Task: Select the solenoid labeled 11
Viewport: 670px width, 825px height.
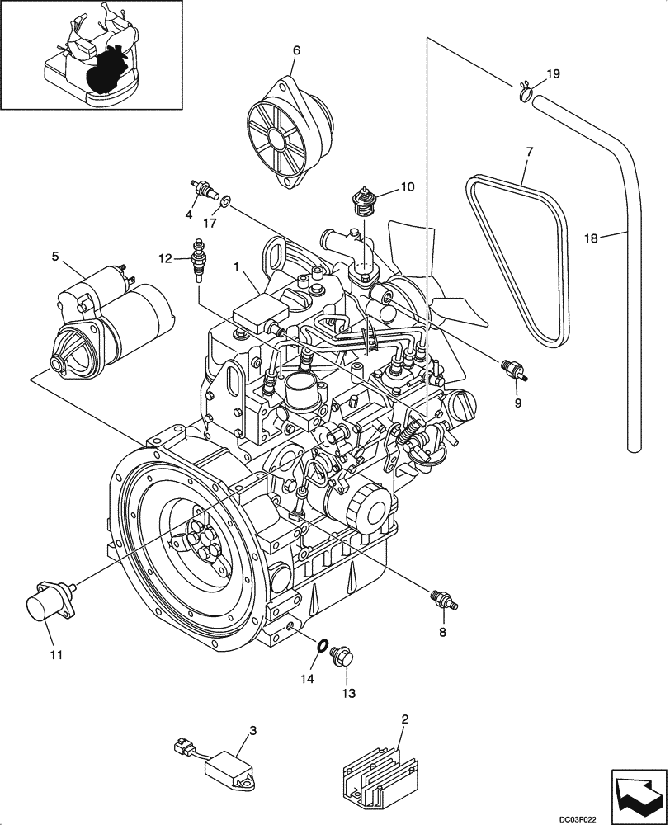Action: point(49,606)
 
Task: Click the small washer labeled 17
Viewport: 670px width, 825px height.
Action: point(226,200)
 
